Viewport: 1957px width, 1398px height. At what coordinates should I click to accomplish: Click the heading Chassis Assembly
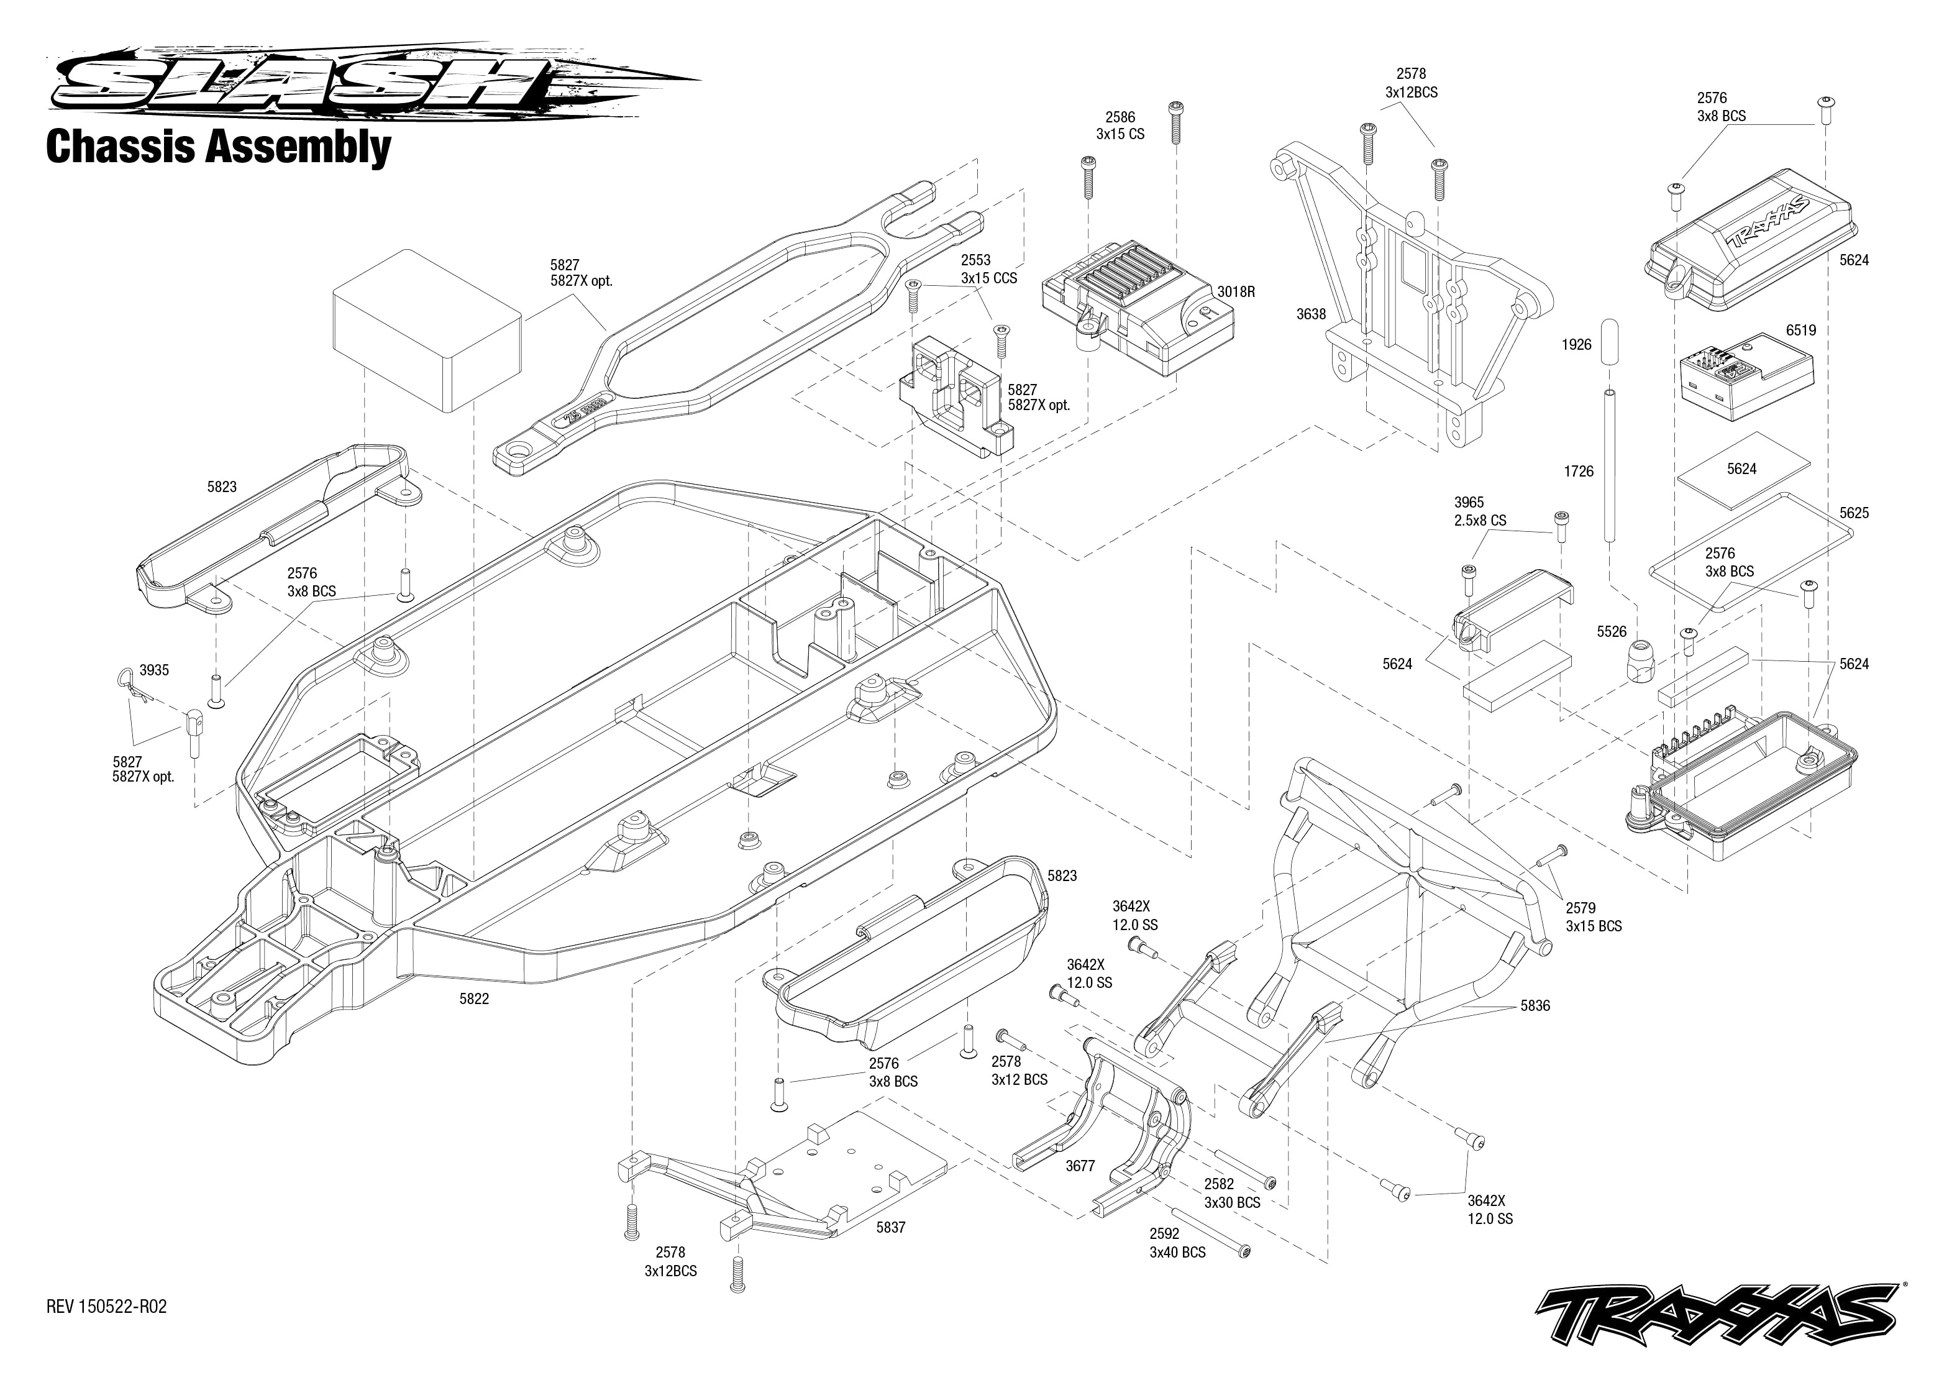point(219,147)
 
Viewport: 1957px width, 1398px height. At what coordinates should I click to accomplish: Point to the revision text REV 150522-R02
point(107,1307)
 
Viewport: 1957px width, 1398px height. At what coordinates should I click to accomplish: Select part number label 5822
point(474,1000)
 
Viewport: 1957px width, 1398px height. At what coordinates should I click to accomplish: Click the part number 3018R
point(1236,292)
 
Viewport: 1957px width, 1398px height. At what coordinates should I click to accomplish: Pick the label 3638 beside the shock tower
point(1312,314)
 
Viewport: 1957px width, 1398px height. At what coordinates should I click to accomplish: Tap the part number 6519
point(1800,331)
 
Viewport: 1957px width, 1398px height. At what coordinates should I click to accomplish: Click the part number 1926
point(1577,344)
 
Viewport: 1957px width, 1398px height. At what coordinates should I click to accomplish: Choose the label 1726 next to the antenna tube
point(1579,472)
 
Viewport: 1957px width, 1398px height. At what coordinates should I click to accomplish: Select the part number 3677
point(1080,1166)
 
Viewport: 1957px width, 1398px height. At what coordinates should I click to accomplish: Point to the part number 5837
point(891,1228)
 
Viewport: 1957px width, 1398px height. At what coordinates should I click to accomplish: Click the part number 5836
point(1535,1005)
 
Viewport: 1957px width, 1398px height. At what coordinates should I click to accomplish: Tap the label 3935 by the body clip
point(154,670)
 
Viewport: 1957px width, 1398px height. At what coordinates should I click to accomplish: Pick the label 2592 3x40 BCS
point(1177,1243)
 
